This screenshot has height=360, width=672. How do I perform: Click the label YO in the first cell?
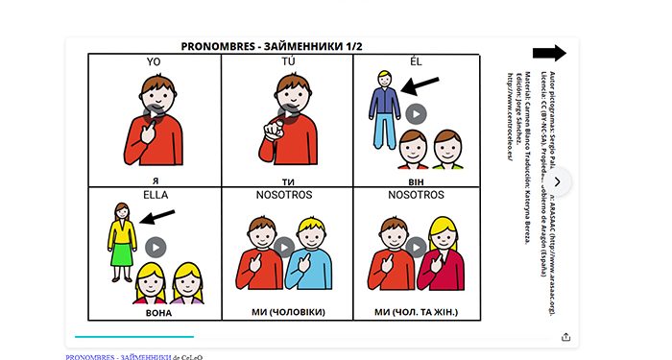tap(154, 62)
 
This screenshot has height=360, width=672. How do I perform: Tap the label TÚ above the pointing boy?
tap(286, 62)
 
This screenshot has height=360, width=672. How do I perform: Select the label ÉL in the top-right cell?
tap(416, 62)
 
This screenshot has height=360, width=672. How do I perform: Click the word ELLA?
tap(155, 195)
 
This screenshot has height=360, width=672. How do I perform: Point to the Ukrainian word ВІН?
tap(416, 179)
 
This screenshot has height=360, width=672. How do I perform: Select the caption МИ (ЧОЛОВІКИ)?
tap(286, 312)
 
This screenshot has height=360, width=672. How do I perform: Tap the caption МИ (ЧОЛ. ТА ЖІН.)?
tap(416, 312)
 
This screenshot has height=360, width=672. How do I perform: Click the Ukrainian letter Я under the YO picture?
tap(155, 179)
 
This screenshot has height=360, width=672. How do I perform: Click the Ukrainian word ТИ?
tap(286, 179)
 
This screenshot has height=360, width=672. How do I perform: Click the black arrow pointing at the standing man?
tap(420, 86)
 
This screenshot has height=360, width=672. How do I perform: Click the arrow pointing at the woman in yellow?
tap(157, 217)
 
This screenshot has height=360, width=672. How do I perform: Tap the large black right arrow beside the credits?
tap(549, 54)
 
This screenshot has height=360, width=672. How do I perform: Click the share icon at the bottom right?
tap(565, 337)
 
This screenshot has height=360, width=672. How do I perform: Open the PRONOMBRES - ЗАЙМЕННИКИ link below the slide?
tap(118, 356)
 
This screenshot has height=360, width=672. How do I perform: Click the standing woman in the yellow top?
tap(122, 240)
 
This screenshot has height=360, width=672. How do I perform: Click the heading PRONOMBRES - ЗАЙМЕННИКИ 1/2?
tap(277, 46)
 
